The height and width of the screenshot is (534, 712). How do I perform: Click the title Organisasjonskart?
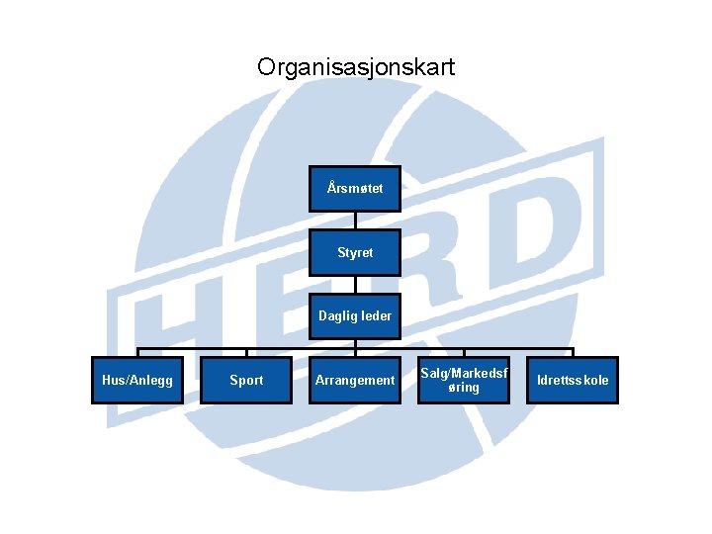(x=356, y=67)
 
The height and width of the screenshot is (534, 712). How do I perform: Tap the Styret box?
(x=355, y=252)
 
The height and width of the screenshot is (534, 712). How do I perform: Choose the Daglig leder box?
(x=355, y=316)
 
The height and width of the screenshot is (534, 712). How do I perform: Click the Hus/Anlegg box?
(x=137, y=380)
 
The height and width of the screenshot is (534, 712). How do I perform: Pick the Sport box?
(x=246, y=380)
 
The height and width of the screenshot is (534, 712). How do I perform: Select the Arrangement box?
(x=355, y=380)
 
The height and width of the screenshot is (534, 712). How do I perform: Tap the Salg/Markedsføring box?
(x=464, y=380)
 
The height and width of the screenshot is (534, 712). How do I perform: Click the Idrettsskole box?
(x=573, y=380)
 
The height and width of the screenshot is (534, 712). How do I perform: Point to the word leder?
(x=373, y=316)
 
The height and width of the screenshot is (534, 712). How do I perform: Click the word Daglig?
(x=336, y=316)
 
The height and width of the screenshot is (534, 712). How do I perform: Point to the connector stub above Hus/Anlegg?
(x=137, y=352)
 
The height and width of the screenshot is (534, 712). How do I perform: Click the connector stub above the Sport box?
(x=246, y=352)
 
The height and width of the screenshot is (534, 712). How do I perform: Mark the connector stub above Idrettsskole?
(x=573, y=352)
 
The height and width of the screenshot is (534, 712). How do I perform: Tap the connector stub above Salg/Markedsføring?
(x=464, y=352)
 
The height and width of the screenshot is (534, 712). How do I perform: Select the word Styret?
(x=355, y=252)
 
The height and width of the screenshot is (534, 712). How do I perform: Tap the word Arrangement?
(x=355, y=380)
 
